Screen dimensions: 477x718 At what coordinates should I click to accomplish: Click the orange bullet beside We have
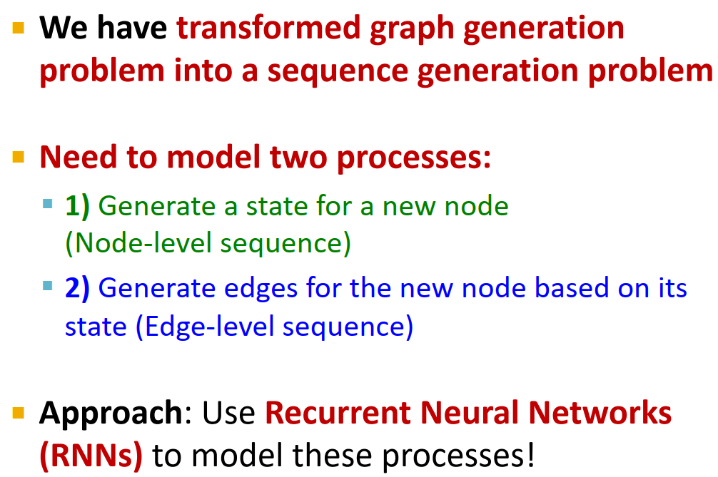coord(18,29)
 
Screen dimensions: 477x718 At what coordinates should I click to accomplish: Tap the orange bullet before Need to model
coord(18,158)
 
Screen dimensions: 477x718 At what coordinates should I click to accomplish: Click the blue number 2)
coord(77,288)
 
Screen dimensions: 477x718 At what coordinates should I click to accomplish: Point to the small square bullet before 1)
coord(48,205)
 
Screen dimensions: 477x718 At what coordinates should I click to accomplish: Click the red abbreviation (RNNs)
coord(91,456)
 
